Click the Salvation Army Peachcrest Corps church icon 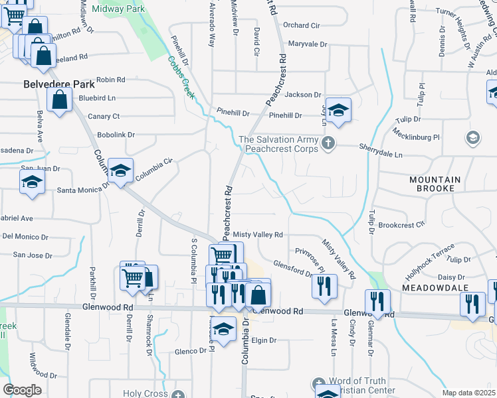coord(328,143)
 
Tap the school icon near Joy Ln coord(338,110)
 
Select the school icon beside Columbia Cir coord(120,171)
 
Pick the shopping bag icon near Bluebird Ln coord(59,100)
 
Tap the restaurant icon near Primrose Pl coord(324,285)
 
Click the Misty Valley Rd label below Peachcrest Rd coord(258,235)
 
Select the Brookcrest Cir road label coord(401,225)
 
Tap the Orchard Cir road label coord(302,25)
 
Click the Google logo coord(22,390)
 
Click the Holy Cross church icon coord(177,394)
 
